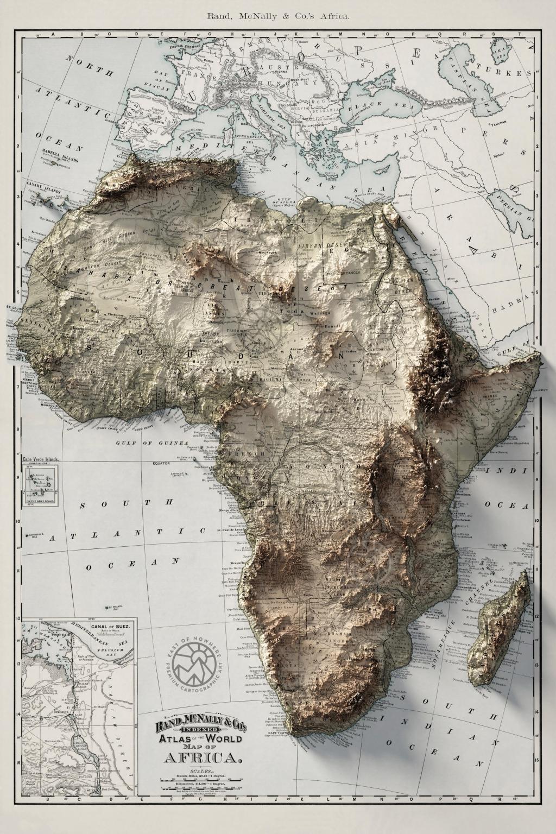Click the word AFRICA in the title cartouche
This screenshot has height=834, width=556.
tap(197, 757)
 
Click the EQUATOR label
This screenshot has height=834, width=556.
tap(161, 463)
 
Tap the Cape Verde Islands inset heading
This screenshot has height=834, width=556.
tap(40, 458)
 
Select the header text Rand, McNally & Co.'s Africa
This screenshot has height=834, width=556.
tap(278, 16)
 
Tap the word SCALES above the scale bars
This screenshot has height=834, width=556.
tap(197, 770)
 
